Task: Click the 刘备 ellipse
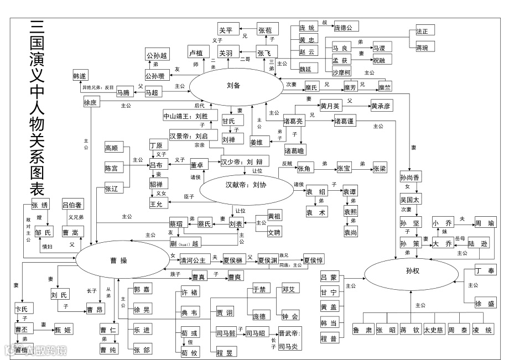point(233,86)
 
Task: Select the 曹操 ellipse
point(122,260)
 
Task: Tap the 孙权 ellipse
point(410,271)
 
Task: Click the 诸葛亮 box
point(293,121)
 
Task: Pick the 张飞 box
point(267,54)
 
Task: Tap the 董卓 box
point(198,165)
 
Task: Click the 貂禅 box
point(156,184)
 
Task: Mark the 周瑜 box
point(485,224)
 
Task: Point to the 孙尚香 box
point(410,178)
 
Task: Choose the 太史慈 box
point(434,330)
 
